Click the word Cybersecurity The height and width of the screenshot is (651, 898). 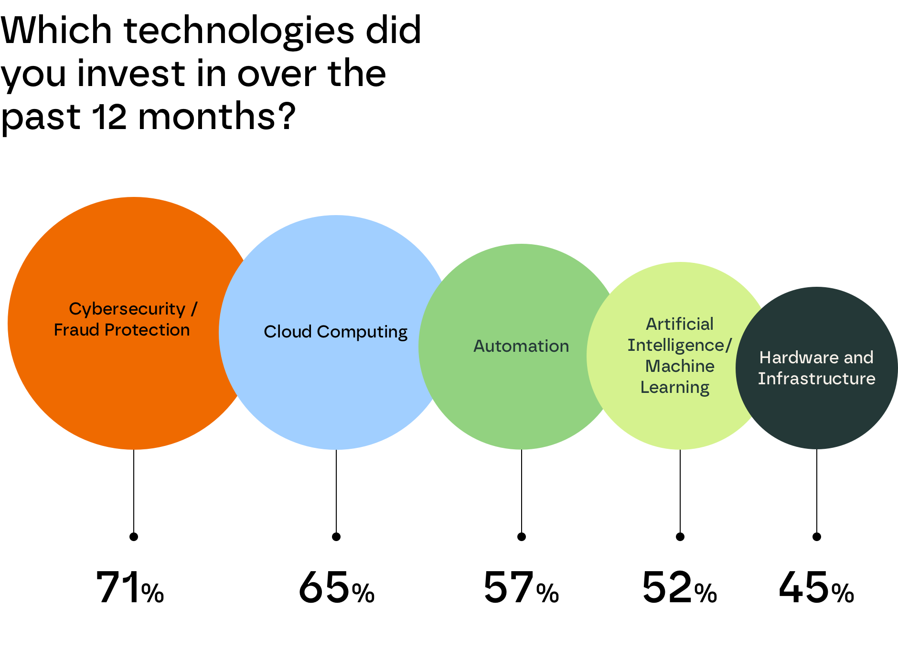(x=127, y=309)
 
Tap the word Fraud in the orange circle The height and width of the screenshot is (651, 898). (x=77, y=330)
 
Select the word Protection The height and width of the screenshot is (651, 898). (x=147, y=330)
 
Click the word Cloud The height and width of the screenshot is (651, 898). (x=288, y=332)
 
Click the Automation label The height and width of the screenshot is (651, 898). (x=521, y=346)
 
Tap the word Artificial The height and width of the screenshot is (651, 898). (x=679, y=324)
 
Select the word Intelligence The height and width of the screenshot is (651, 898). (x=675, y=345)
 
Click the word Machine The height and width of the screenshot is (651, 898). (x=680, y=366)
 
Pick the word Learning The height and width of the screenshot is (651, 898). (x=674, y=387)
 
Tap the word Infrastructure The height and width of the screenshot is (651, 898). (x=816, y=379)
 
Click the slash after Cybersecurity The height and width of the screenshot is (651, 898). (x=194, y=309)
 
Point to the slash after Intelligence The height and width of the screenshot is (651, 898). (x=729, y=345)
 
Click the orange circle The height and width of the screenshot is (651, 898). (x=119, y=392)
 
